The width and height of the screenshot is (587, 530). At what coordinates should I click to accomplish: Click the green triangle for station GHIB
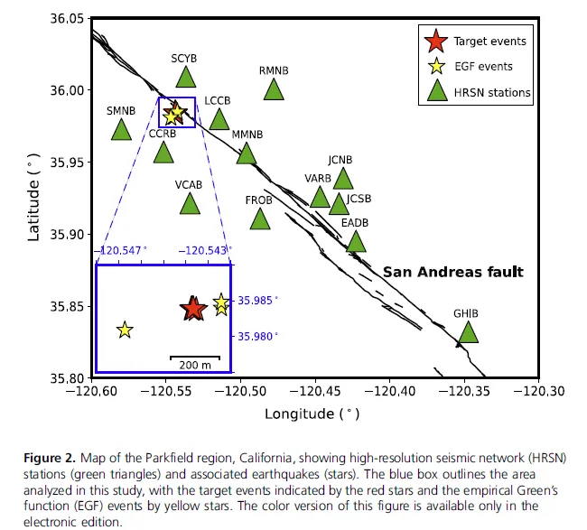click(468, 333)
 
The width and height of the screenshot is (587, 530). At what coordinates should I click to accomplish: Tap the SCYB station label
click(184, 59)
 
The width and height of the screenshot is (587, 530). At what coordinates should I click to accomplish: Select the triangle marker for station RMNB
click(274, 89)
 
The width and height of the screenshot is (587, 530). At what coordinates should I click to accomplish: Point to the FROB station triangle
click(260, 219)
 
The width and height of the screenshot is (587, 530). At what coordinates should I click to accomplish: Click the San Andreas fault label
click(453, 272)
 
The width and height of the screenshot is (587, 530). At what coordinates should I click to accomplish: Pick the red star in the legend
click(436, 41)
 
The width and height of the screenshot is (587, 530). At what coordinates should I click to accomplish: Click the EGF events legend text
click(483, 67)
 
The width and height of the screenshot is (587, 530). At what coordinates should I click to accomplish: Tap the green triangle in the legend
click(437, 91)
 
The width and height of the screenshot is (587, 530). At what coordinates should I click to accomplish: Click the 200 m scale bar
click(195, 358)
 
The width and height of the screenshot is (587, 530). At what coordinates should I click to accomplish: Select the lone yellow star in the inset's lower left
click(125, 330)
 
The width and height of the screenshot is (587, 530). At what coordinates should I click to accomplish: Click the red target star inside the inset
click(192, 309)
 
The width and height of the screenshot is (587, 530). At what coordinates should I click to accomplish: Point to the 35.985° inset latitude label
click(258, 301)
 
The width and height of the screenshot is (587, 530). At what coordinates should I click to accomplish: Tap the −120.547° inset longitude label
click(120, 250)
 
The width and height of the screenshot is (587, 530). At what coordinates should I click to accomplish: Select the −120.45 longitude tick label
click(315, 391)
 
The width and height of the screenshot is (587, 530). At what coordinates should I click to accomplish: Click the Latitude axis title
click(33, 198)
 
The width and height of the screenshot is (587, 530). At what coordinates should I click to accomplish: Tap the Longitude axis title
click(312, 414)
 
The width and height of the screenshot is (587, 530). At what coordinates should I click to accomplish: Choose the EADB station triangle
click(356, 241)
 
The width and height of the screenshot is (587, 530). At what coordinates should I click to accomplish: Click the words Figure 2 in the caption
click(50, 458)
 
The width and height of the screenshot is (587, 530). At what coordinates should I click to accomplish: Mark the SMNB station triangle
click(121, 129)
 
